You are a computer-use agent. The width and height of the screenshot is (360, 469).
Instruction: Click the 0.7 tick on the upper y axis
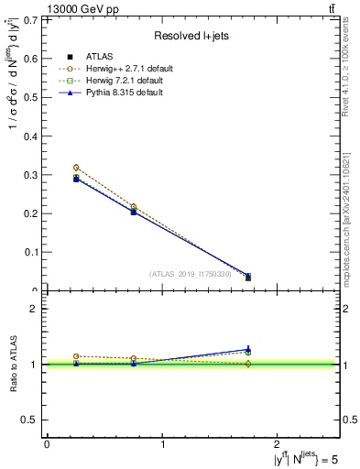[x=33, y=19]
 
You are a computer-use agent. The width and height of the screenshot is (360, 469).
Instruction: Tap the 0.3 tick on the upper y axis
[x=33, y=174]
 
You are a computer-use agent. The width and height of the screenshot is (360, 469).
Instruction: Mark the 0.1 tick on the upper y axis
[x=33, y=252]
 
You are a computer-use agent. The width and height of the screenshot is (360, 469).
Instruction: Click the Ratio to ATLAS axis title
[x=13, y=365]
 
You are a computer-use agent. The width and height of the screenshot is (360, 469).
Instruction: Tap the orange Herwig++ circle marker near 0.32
[x=76, y=168]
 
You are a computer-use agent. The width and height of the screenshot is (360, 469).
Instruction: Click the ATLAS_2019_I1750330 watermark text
[x=191, y=273]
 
